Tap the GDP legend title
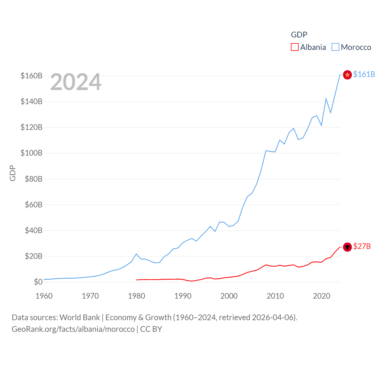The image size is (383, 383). (x=299, y=35)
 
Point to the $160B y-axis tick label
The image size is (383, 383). (x=31, y=76)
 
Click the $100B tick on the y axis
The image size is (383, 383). (x=31, y=153)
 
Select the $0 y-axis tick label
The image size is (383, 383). (x=38, y=282)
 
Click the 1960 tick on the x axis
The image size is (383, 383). (x=44, y=296)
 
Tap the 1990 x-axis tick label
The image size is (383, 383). (x=183, y=296)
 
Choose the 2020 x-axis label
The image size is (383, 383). (x=321, y=296)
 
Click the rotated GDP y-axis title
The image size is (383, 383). (x=13, y=173)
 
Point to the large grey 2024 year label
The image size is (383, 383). (x=76, y=82)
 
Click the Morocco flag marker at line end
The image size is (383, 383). (x=347, y=75)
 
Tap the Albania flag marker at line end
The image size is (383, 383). (x=347, y=247)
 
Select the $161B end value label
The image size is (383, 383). (x=364, y=74)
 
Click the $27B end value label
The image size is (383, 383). (x=362, y=246)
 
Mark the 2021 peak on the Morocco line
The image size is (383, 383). (x=326, y=99)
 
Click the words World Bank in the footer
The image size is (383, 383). (x=80, y=317)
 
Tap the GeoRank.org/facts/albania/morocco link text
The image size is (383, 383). (x=73, y=329)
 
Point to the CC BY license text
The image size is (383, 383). (x=151, y=329)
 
